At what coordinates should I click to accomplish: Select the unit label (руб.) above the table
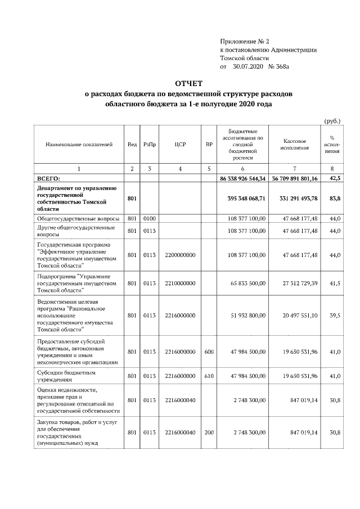(333, 120)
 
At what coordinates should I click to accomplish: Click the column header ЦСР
(180, 145)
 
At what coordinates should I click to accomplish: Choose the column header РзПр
(150, 145)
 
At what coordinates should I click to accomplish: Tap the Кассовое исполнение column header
(295, 145)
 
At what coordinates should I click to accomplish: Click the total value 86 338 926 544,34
(242, 178)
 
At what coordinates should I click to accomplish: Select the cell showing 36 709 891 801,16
(295, 178)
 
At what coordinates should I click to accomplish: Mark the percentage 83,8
(334, 198)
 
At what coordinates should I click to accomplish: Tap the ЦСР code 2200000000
(180, 255)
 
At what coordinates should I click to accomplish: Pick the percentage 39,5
(335, 316)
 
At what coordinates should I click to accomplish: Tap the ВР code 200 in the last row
(209, 432)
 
